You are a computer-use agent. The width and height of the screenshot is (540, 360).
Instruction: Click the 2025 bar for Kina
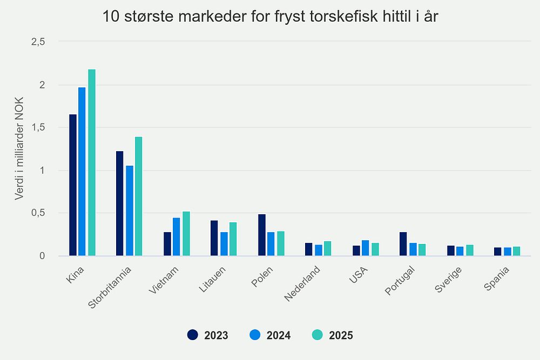point(92,162)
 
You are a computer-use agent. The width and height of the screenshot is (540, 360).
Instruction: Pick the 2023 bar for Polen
point(262,235)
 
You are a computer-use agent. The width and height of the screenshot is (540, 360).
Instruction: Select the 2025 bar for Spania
point(517,251)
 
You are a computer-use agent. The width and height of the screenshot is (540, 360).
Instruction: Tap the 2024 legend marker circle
point(255,335)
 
